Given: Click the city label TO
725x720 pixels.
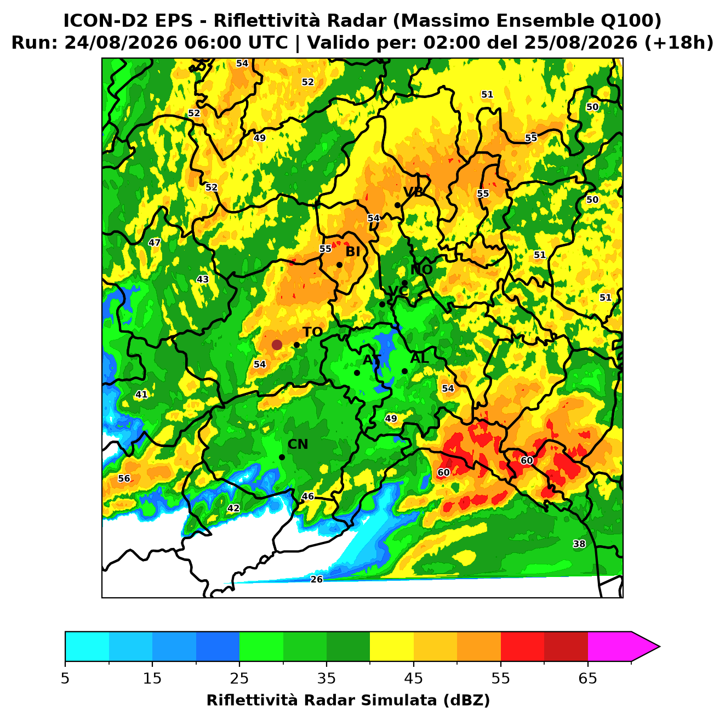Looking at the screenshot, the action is click(x=313, y=333).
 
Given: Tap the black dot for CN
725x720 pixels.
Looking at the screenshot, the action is click(x=282, y=458).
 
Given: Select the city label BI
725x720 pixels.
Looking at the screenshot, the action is click(x=352, y=252).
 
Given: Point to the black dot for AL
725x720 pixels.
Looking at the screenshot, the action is click(x=404, y=372).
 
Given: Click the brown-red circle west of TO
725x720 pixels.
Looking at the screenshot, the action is click(x=277, y=345).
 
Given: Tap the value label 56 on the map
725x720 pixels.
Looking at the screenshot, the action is click(x=124, y=478).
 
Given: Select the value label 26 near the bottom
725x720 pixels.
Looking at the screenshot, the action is click(x=316, y=579).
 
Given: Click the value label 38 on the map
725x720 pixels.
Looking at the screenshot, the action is click(x=579, y=544).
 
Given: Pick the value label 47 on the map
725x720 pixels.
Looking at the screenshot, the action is click(x=155, y=243).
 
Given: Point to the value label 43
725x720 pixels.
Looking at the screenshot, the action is click(x=203, y=279).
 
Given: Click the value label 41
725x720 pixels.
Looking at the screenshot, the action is click(x=141, y=395).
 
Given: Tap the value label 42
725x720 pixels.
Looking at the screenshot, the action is click(x=233, y=508).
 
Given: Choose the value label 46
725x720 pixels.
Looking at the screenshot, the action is click(x=308, y=496).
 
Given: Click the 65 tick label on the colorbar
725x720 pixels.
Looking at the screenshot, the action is click(x=587, y=678).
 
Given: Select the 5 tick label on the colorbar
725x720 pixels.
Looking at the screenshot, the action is click(x=65, y=678).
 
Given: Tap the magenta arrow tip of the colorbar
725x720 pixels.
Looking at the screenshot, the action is click(x=659, y=647).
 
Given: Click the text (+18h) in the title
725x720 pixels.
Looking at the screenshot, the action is click(x=679, y=43).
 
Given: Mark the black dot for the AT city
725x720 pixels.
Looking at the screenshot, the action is click(x=357, y=373).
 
